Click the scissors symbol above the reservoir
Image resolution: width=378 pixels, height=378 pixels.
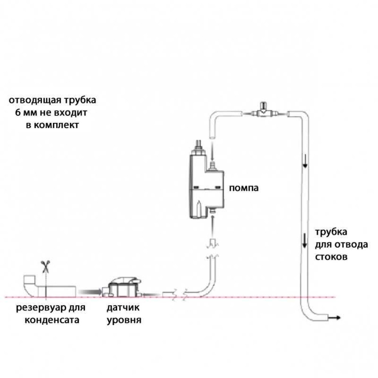45,267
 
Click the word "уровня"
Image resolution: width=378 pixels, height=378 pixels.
124,321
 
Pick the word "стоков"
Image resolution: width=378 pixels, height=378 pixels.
332,257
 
